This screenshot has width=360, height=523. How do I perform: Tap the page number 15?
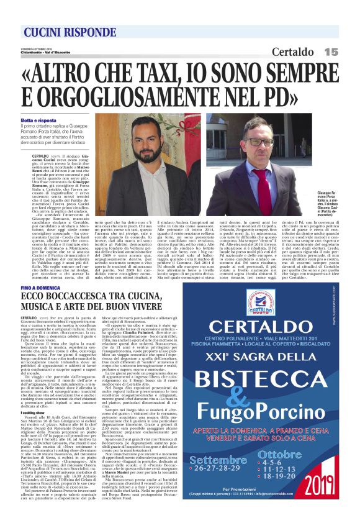pyautogui.click(x=330, y=52)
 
